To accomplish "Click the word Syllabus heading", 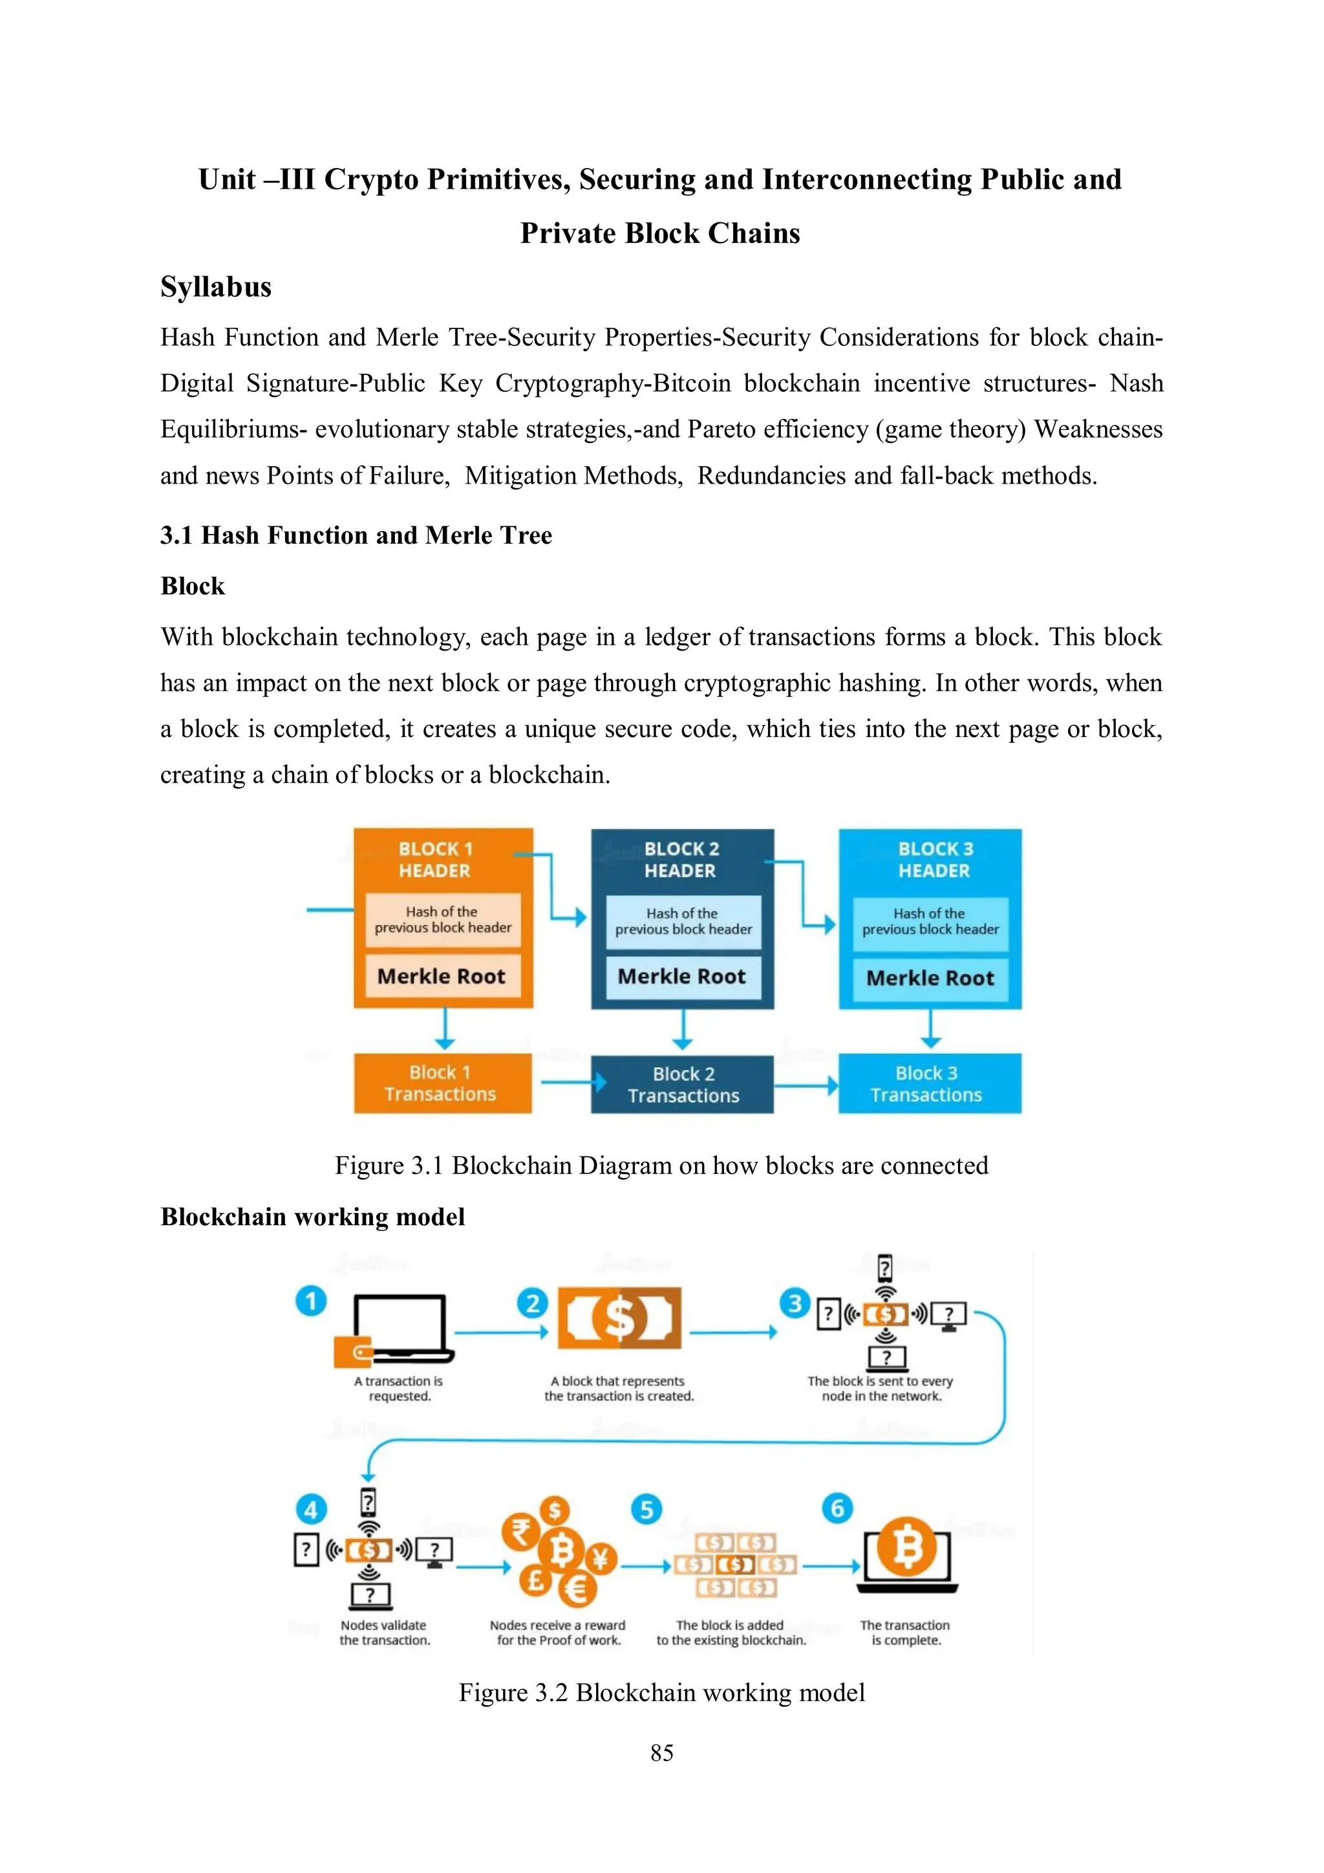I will click(215, 287).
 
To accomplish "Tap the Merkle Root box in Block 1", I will click(442, 976).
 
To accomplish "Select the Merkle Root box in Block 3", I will click(930, 978).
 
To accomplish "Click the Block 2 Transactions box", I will click(683, 1084).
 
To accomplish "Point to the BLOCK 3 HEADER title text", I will click(934, 860).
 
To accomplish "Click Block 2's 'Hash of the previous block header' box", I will click(683, 922).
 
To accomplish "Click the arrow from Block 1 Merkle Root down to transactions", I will click(445, 1029).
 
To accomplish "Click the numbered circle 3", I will click(795, 1303).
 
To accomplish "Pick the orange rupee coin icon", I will click(520, 1531).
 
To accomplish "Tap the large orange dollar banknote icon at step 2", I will click(619, 1318).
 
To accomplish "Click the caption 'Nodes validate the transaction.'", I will click(384, 1632).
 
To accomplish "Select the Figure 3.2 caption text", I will click(661, 1693).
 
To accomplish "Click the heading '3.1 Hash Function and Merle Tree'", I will click(356, 535).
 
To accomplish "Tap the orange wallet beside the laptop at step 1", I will click(352, 1352).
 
